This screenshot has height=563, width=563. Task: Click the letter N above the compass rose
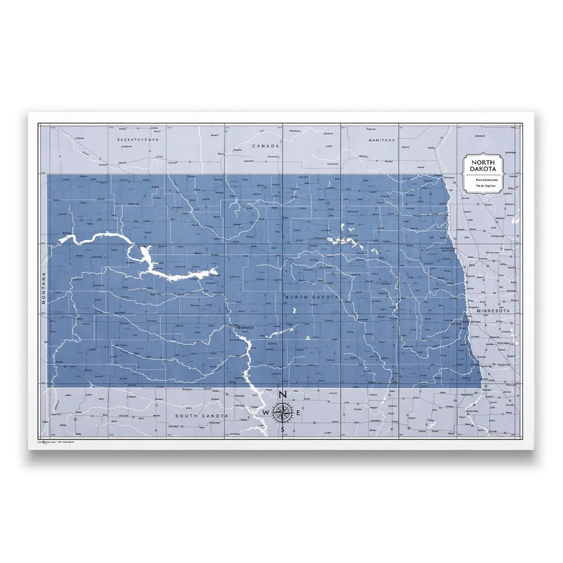point(283,395)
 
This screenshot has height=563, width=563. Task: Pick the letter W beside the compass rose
point(266,412)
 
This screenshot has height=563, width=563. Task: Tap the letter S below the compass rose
point(282,429)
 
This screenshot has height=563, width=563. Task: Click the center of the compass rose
point(283,412)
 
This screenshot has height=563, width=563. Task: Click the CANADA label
point(265,146)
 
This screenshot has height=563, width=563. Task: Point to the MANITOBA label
point(382,140)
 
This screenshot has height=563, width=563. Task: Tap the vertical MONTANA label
point(43,288)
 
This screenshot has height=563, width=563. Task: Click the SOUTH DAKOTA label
point(202,416)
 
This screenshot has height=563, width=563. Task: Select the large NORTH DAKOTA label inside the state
point(311,297)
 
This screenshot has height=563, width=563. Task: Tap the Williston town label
point(68,233)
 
